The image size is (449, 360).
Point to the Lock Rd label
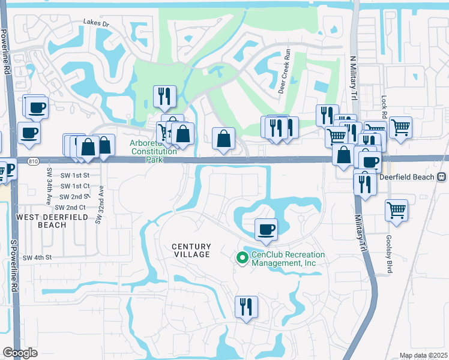tap(384, 106)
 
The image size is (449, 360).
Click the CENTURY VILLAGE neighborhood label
tap(191, 250)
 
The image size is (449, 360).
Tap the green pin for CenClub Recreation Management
tap(242, 258)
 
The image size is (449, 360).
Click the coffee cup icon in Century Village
tap(266, 229)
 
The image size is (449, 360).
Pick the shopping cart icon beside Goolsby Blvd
tap(396, 210)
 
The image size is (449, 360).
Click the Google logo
tap(20, 353)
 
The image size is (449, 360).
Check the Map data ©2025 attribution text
tap(423, 356)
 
